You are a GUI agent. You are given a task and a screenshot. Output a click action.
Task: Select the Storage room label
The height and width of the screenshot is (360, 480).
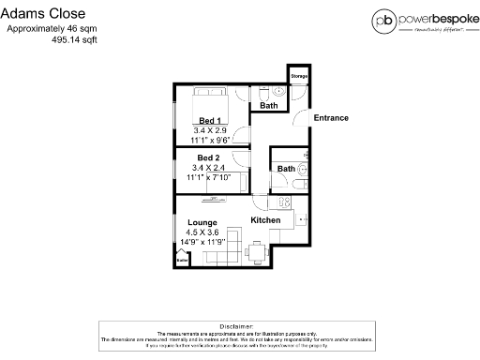299,76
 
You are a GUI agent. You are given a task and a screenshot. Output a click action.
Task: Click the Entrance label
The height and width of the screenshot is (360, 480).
330,118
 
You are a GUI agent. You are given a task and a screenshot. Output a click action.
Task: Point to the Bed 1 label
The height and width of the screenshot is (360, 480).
210,120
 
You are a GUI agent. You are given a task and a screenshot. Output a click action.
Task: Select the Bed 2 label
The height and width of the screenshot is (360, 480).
209,157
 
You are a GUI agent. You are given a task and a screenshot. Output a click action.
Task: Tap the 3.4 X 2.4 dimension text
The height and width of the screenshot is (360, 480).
209,167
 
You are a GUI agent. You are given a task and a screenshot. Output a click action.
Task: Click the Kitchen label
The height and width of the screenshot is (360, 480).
265,220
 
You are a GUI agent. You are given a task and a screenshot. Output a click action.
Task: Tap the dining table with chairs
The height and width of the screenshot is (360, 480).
257,248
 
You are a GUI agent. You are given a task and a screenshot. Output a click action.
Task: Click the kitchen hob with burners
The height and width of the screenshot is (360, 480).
280,203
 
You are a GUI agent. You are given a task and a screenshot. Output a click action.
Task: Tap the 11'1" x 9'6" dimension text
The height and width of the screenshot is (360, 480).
210,141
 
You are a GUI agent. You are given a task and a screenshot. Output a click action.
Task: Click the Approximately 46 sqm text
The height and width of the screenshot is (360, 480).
52,29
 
